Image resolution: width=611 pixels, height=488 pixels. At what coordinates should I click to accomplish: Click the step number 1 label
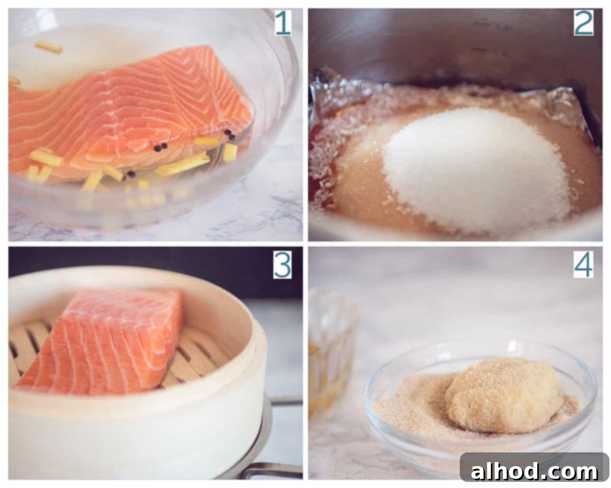pos(283,23)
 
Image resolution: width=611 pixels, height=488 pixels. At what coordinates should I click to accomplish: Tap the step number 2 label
pos(583,23)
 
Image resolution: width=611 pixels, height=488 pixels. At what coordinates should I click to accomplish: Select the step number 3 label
pos(282,264)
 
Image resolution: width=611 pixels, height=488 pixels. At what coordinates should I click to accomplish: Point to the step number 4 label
pos(583,264)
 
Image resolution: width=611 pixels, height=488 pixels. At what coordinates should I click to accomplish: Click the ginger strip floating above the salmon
pos(48,48)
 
